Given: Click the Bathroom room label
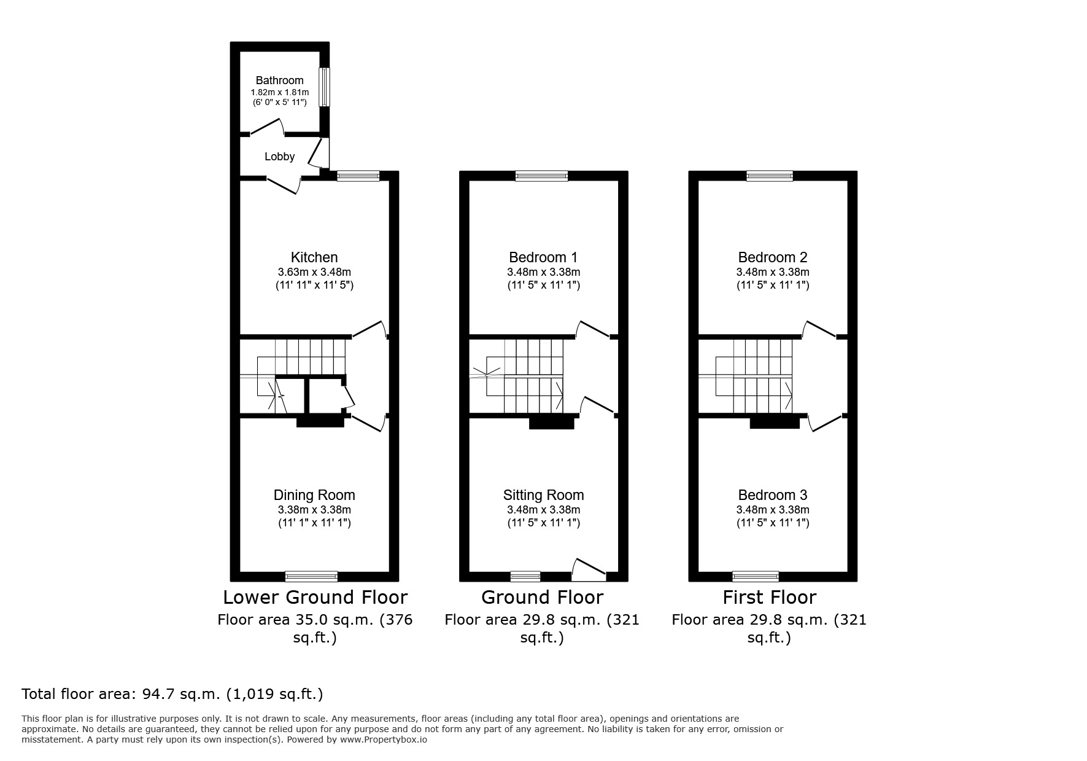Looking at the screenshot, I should [x=279, y=80].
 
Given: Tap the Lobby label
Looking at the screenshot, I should [x=279, y=157].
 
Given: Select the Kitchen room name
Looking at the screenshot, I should [x=314, y=257].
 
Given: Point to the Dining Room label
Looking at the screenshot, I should [x=314, y=495].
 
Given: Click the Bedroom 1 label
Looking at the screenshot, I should [x=543, y=257].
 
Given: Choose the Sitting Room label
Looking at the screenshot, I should [x=543, y=495].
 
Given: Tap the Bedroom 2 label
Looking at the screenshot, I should [x=772, y=257].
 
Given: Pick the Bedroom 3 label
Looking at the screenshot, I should [x=772, y=495].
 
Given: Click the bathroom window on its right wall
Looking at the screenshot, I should [x=324, y=87].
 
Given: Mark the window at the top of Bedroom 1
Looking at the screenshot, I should [x=541, y=176].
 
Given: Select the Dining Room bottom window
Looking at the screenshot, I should [x=311, y=576].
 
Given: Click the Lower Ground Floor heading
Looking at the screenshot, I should [x=315, y=597].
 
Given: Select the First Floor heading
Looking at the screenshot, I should [x=769, y=597].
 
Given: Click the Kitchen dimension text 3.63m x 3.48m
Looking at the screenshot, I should [x=314, y=272].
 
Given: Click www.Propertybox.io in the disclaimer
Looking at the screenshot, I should [x=384, y=740].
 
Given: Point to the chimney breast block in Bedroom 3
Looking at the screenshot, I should [x=774, y=422].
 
